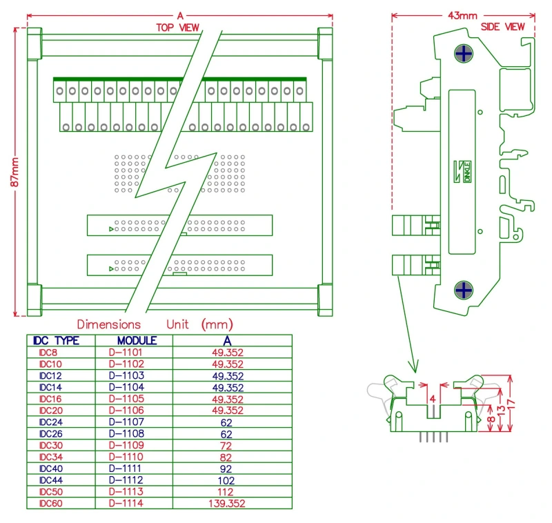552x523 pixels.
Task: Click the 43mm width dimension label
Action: tap(463, 14)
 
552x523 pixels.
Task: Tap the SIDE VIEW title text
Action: tap(502, 26)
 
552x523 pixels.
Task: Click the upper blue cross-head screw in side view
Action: tap(464, 53)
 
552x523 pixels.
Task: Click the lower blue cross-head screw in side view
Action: tap(464, 290)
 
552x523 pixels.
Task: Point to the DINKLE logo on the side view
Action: tap(465, 171)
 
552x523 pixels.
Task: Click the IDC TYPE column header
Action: tap(55, 341)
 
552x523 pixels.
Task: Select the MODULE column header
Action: tap(137, 341)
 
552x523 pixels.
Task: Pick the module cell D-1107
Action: tap(126, 422)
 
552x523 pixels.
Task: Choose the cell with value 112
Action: tap(227, 492)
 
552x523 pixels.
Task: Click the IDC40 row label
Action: tap(50, 468)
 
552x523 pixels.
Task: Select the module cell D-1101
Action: tap(126, 353)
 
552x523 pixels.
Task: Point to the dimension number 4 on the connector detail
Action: tap(432, 399)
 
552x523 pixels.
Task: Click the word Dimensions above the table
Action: tap(108, 324)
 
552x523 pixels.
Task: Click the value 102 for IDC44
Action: tap(227, 480)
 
